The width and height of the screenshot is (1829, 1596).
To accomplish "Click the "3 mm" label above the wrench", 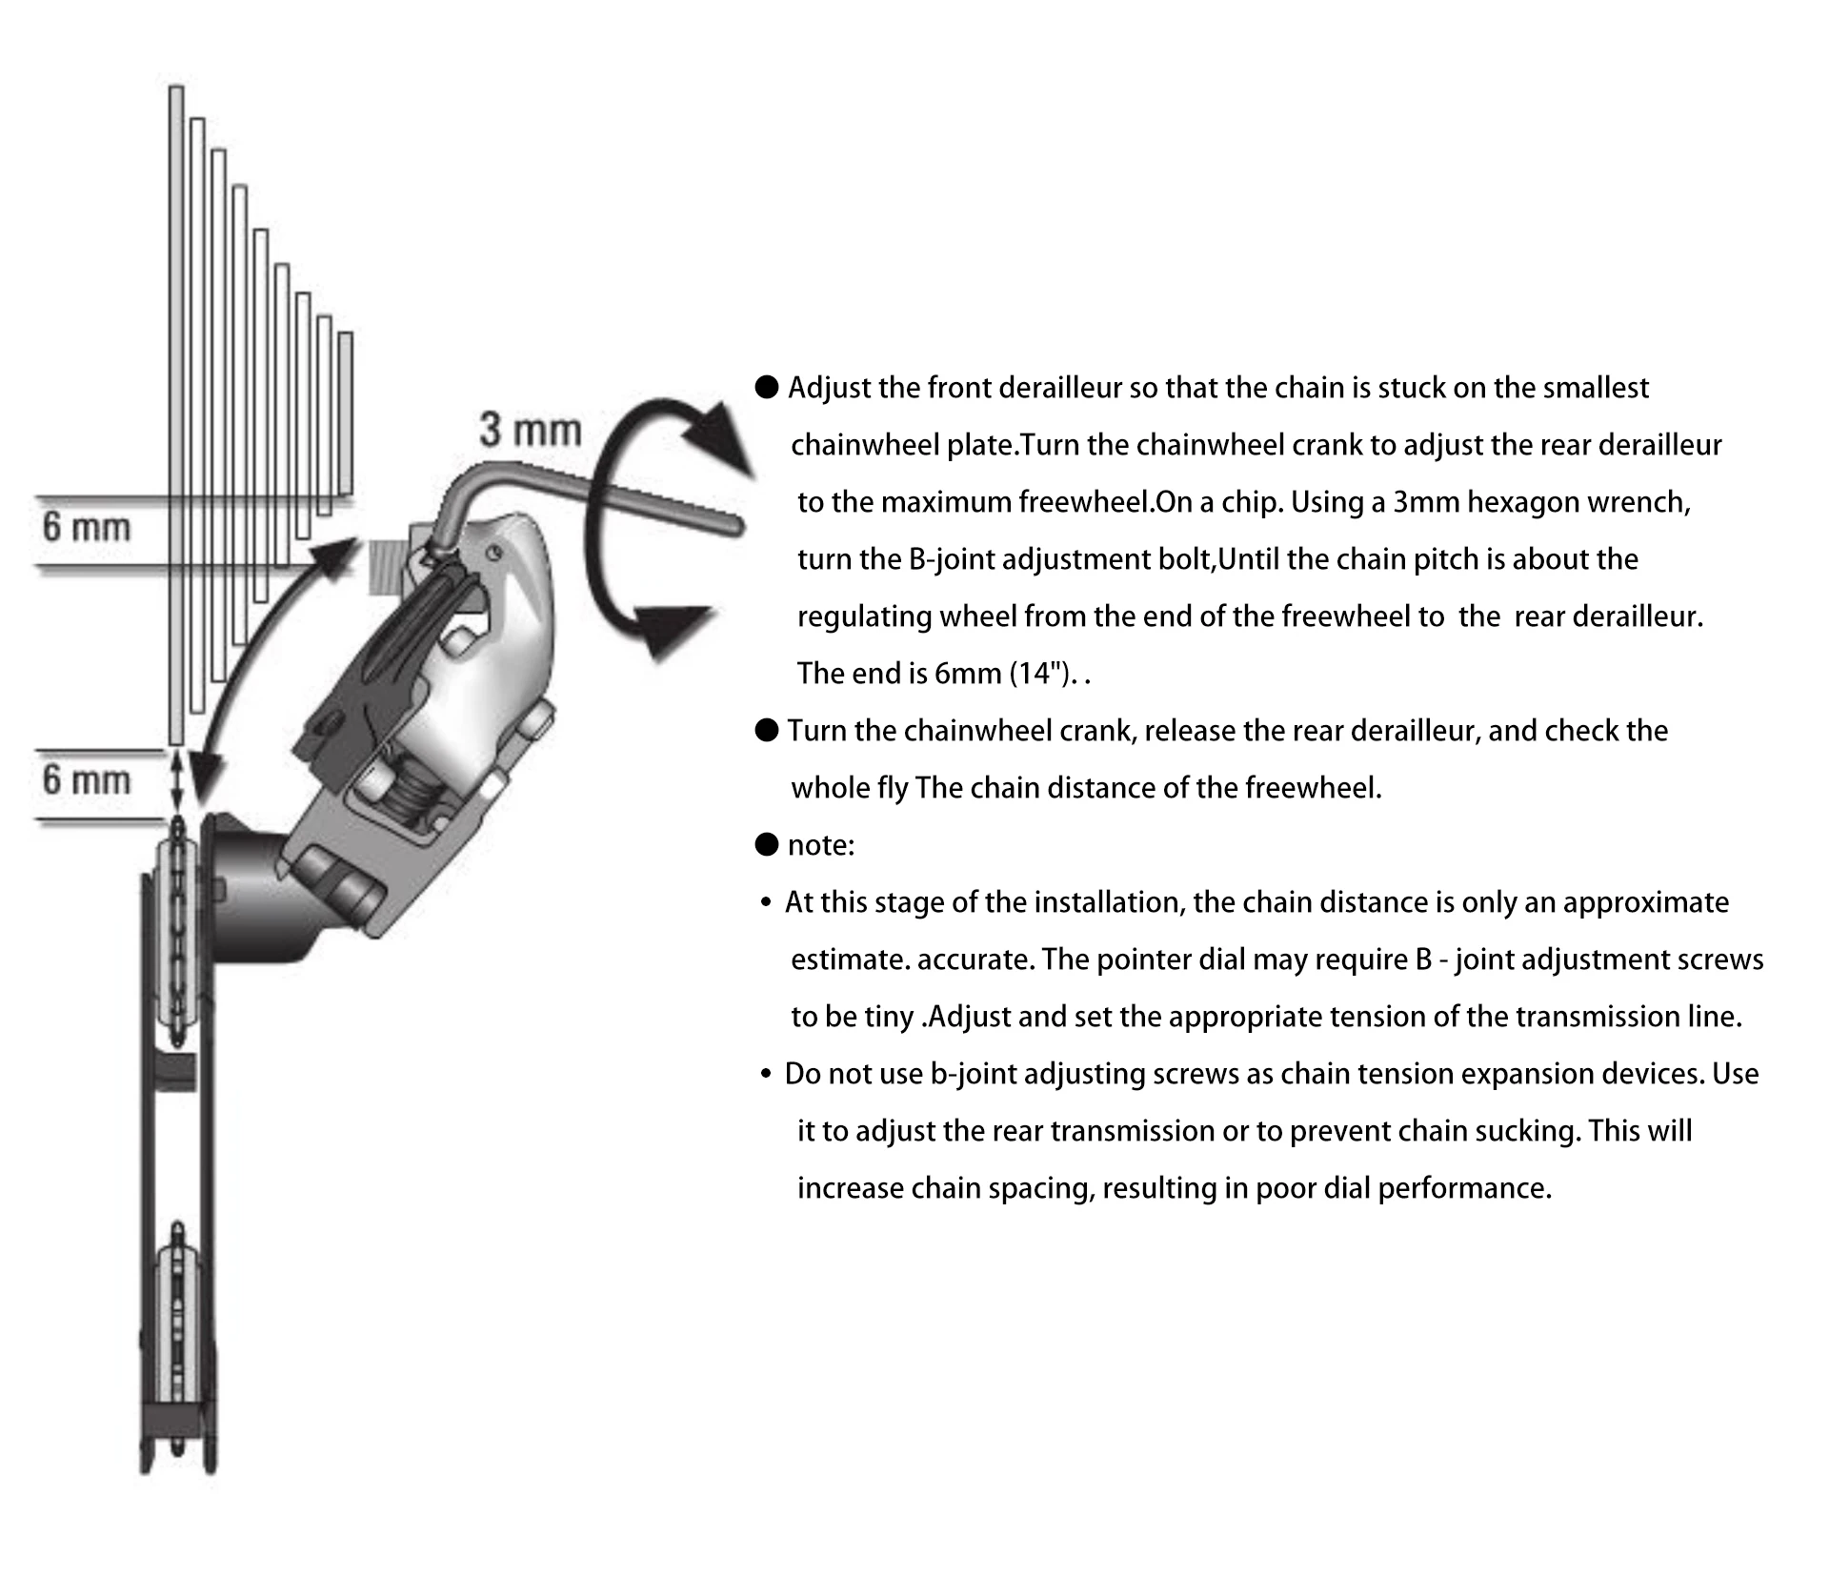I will click(530, 430).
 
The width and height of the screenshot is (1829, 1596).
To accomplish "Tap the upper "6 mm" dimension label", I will click(86, 527).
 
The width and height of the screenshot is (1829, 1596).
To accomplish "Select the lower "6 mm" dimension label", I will click(86, 780).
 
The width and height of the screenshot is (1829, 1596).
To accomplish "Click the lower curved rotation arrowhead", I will click(673, 629).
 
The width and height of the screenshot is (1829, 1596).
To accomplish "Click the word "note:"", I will click(821, 845).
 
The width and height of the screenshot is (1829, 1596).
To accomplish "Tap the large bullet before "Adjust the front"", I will click(767, 387).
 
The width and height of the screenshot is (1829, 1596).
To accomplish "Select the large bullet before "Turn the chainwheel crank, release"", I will click(767, 731).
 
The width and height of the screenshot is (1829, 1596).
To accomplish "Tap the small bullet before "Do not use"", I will click(766, 1074).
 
